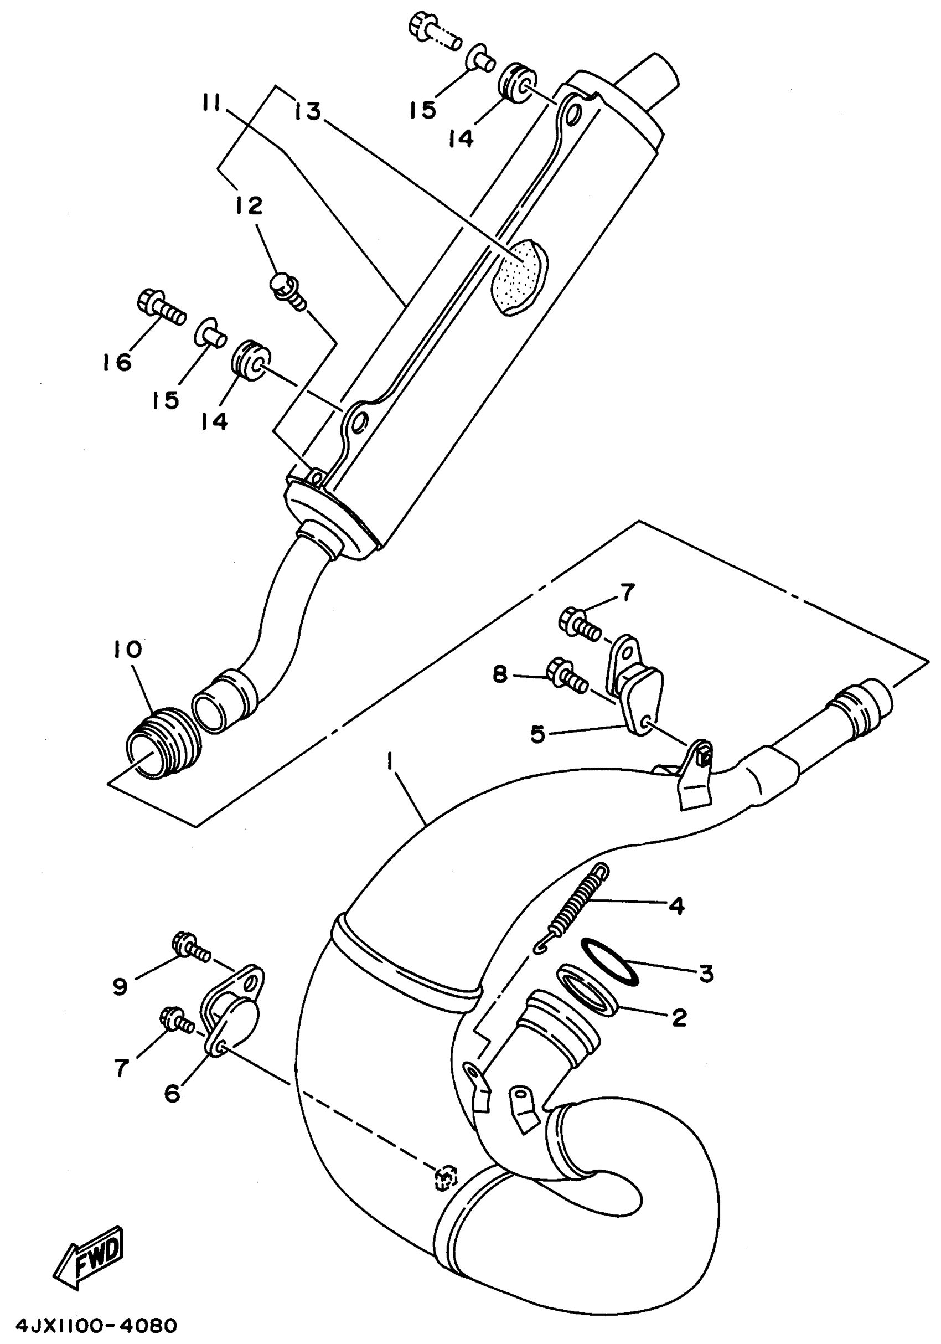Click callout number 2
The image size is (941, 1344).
coord(679,1017)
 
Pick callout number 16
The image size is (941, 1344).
coord(117,362)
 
